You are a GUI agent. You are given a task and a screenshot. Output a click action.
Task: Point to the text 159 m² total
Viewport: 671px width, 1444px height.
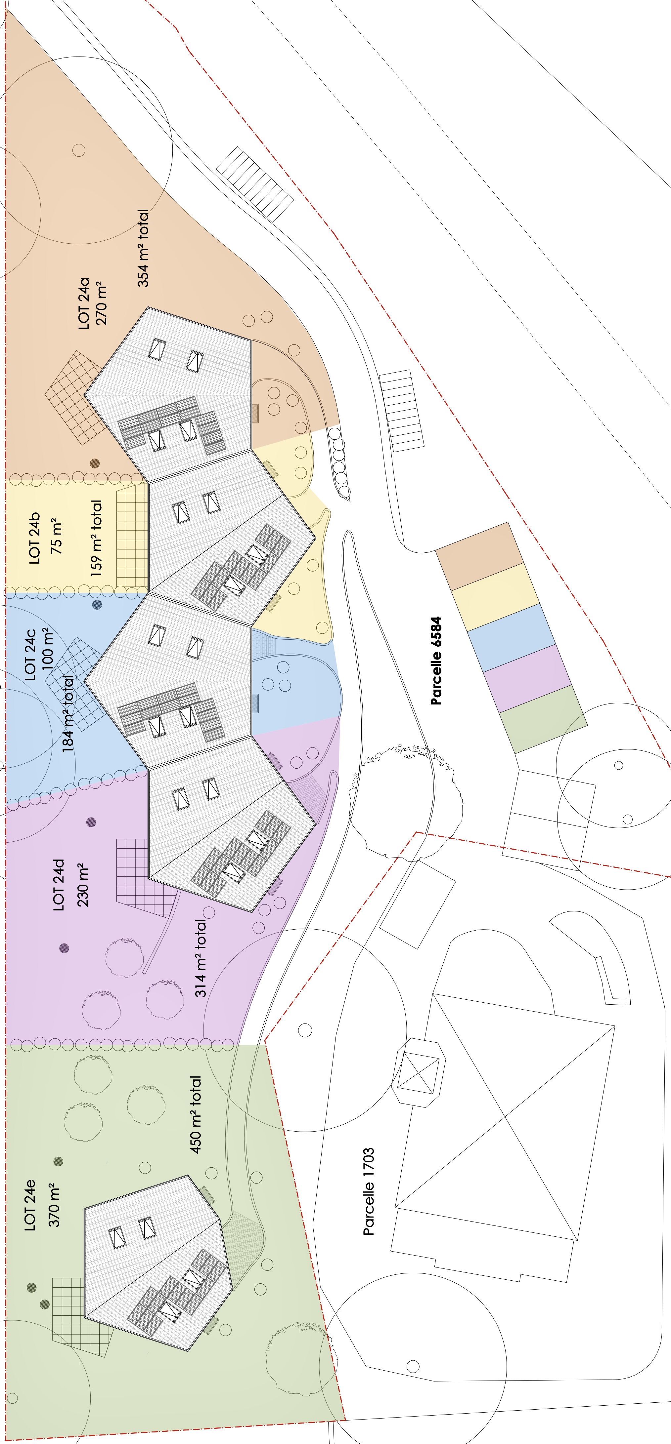pyautogui.click(x=97, y=538)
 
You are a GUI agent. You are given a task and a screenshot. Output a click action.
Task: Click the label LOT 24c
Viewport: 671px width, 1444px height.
pyautogui.click(x=30, y=654)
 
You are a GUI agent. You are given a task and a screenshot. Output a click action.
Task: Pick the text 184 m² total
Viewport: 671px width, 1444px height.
pyautogui.click(x=67, y=713)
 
